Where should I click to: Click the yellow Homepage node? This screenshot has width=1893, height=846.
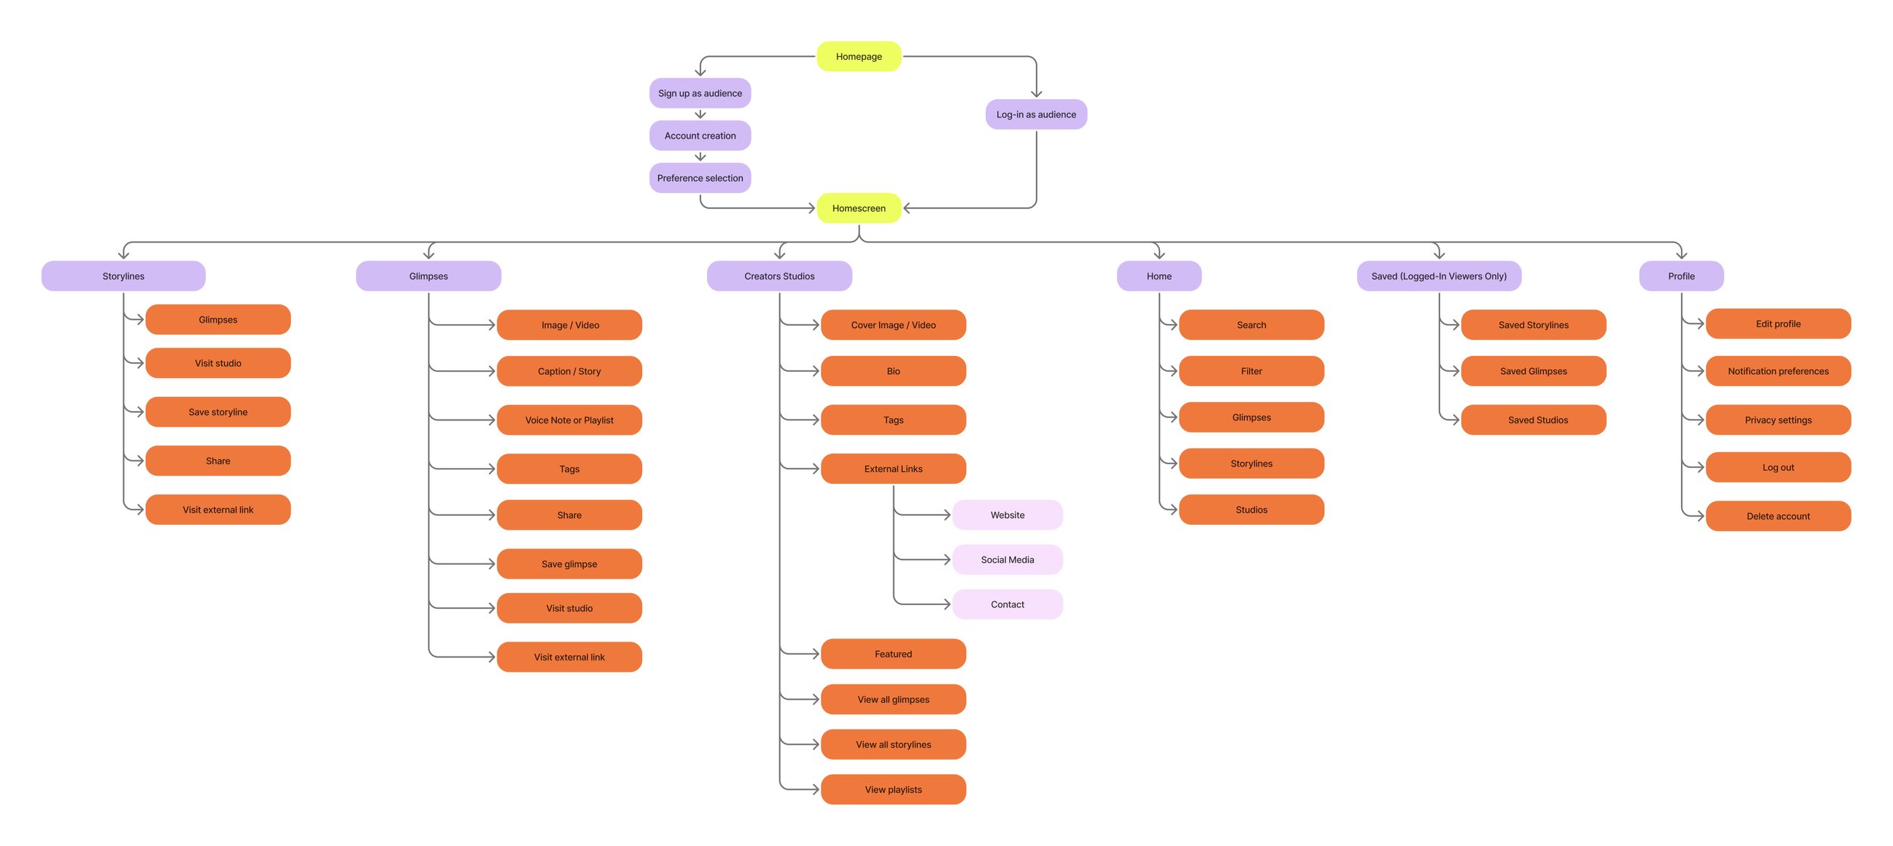coord(859,57)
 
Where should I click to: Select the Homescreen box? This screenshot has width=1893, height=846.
coord(859,208)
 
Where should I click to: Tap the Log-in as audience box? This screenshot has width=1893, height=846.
coord(1036,114)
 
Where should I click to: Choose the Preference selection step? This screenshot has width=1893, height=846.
coord(700,178)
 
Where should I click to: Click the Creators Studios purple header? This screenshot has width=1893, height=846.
coord(779,276)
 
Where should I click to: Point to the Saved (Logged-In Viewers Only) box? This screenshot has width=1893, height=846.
coord(1439,276)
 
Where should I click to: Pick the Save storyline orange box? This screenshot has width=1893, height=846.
coord(218,412)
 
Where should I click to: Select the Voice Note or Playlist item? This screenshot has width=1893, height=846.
coord(569,420)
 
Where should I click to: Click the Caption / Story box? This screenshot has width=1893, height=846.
coord(569,371)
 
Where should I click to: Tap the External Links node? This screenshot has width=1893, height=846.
coord(893,469)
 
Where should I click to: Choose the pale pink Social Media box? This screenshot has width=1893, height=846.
coord(1007,560)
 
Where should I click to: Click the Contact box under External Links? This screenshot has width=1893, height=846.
coord(1007,604)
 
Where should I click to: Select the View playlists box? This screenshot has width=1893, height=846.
coord(893,789)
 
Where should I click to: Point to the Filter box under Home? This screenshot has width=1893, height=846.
coord(1251,371)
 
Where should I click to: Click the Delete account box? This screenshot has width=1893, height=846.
coord(1778,517)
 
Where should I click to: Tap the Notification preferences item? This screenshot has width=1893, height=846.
coord(1778,371)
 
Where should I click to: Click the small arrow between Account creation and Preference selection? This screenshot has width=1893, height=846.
coord(700,157)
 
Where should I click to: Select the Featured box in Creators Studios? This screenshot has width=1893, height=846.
coord(893,654)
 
